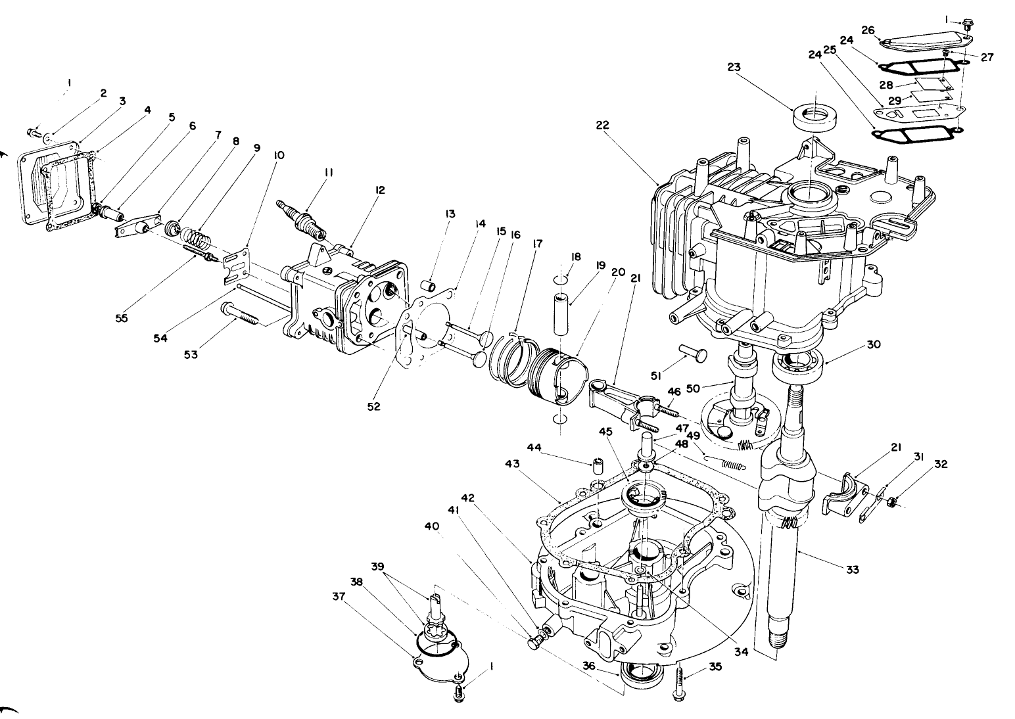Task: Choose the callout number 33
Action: tap(852, 570)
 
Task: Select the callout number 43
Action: tap(512, 463)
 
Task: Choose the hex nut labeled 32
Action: tap(890, 503)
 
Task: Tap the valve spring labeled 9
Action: tap(195, 237)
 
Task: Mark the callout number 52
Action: tap(373, 407)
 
